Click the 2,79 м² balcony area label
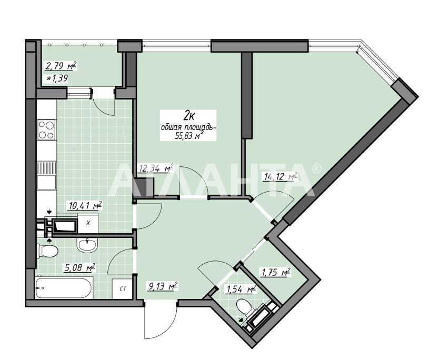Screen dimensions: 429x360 pyautogui.click(x=61, y=66)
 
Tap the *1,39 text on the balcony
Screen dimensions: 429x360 pyautogui.click(x=57, y=78)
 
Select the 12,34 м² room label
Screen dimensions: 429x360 pyautogui.click(x=156, y=168)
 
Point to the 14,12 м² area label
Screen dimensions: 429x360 pyautogui.click(x=281, y=177)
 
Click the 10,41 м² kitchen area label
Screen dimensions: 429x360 pyautogui.click(x=85, y=205)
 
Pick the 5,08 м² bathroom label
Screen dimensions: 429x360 pyautogui.click(x=79, y=267)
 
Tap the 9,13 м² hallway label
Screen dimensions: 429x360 pyautogui.click(x=162, y=287)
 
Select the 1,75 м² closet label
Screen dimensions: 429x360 pyautogui.click(x=275, y=273)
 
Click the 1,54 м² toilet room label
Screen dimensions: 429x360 pyautogui.click(x=240, y=289)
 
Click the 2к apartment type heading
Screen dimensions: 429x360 pyautogui.click(x=188, y=116)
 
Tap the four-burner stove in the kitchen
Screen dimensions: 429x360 pyautogui.click(x=46, y=130)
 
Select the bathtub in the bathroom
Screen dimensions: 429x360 pyautogui.click(x=64, y=287)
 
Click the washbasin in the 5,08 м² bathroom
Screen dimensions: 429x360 pyautogui.click(x=87, y=244)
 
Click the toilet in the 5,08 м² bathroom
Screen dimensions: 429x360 pyautogui.click(x=47, y=251)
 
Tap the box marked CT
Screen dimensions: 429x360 pyautogui.click(x=123, y=289)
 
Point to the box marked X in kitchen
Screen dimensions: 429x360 pyautogui.click(x=88, y=223)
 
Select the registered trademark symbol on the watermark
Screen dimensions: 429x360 pyautogui.click(x=316, y=168)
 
